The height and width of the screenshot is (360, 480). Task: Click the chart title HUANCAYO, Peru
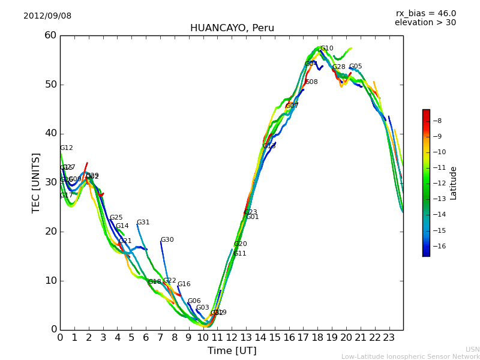pyautogui.click(x=232, y=28)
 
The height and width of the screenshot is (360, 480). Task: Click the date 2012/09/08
pyautogui.click(x=47, y=16)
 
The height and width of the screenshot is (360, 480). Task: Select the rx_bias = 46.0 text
pyautogui.click(x=425, y=14)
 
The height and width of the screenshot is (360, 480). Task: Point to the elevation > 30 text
pyautogui.click(x=425, y=23)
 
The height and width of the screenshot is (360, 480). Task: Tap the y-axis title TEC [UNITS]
pyautogui.click(x=36, y=182)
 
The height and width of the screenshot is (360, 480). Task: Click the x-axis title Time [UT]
pyautogui.click(x=232, y=351)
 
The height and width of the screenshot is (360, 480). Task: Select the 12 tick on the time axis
pyautogui.click(x=232, y=338)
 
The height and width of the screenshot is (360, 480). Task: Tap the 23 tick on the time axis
pyautogui.click(x=389, y=338)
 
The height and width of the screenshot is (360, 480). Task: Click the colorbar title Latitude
pyautogui.click(x=454, y=183)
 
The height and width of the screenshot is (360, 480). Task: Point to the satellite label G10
pyautogui.click(x=326, y=49)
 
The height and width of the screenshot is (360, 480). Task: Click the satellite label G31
pyautogui.click(x=143, y=223)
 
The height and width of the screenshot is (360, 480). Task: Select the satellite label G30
pyautogui.click(x=167, y=240)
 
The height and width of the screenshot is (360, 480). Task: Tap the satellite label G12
pyautogui.click(x=66, y=148)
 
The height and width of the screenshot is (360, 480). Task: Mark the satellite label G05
pyautogui.click(x=355, y=67)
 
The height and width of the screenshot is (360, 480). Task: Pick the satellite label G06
pyautogui.click(x=194, y=301)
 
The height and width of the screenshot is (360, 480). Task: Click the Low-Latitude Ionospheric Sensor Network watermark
pyautogui.click(x=410, y=356)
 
